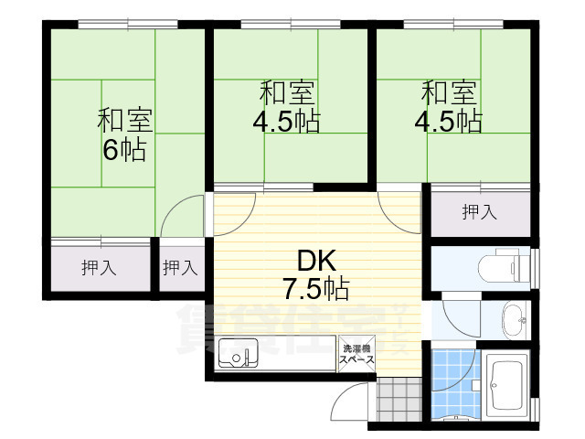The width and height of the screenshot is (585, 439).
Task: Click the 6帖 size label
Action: tap(123, 150)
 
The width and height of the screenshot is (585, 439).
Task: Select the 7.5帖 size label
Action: tap(314, 290)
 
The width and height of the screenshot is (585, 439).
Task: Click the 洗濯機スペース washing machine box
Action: tap(357, 355)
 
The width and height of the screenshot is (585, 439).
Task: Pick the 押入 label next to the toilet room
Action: tap(479, 213)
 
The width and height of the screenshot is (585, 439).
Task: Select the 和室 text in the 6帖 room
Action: tap(125, 120)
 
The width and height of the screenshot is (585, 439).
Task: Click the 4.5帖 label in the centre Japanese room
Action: tap(287, 122)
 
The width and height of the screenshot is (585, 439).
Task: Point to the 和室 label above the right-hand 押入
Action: tap(449, 93)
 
